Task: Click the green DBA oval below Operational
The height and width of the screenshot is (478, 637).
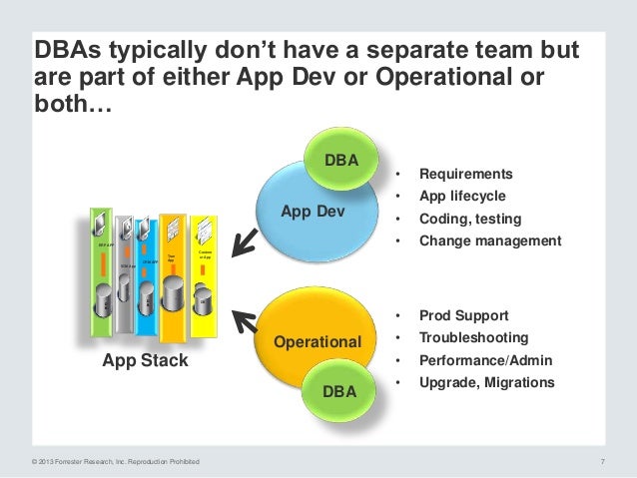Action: (x=339, y=387)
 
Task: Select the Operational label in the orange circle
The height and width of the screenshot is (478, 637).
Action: (x=318, y=342)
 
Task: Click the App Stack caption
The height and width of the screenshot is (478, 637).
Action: (x=145, y=361)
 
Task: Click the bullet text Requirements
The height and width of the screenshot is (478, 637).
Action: (x=465, y=173)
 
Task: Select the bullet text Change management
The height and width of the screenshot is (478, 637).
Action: (x=490, y=241)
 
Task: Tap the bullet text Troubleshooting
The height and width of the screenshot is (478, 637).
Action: (x=473, y=338)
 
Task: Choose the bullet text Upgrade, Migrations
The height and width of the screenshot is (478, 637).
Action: (x=487, y=383)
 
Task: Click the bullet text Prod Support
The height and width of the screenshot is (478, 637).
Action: (x=463, y=315)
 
